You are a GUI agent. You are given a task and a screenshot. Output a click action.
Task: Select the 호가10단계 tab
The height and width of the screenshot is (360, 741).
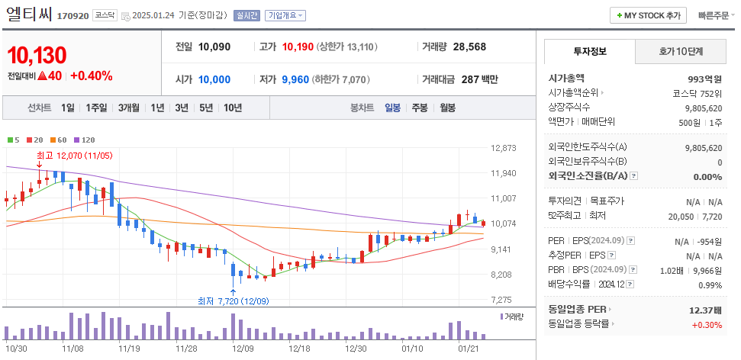(x=681, y=51)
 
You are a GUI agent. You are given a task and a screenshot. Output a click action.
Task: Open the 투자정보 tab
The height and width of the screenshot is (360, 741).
(x=589, y=51)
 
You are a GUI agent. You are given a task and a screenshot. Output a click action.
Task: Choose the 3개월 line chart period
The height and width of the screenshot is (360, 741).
(x=128, y=108)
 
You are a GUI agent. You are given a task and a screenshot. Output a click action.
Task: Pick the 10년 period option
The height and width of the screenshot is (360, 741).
(x=232, y=108)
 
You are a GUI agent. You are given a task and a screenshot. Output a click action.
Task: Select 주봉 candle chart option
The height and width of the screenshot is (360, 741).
(x=420, y=108)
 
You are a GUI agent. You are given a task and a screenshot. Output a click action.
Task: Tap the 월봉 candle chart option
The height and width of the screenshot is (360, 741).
(x=447, y=108)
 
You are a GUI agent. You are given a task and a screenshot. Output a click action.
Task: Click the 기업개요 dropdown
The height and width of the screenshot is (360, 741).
(x=285, y=15)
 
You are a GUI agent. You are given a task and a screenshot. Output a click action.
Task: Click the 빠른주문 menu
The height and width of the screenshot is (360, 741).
(x=714, y=15)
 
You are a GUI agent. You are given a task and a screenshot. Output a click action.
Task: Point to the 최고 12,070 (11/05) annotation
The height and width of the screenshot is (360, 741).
(x=75, y=155)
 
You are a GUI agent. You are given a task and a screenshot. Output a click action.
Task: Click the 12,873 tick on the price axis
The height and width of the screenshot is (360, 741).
(x=504, y=148)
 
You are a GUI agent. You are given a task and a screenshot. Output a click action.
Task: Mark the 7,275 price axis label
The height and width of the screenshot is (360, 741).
(x=504, y=300)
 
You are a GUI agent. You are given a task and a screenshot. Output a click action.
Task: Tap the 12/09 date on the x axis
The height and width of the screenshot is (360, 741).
(x=242, y=349)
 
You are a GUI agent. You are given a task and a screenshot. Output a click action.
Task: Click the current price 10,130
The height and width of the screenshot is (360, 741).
(x=37, y=55)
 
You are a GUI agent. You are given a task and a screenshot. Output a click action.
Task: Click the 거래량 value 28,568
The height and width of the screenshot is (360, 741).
(x=469, y=47)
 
